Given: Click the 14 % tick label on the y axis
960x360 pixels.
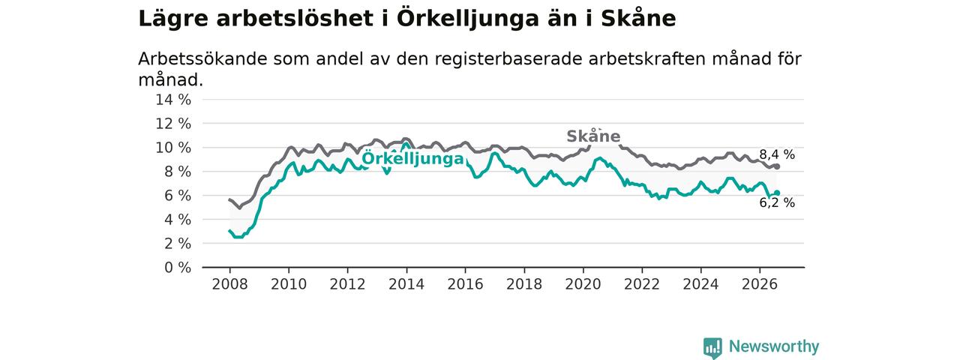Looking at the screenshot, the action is pyautogui.click(x=173, y=100).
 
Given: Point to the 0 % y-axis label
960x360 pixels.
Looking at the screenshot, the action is pyautogui.click(x=178, y=268).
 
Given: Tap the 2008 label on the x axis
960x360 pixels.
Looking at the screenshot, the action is pyautogui.click(x=229, y=284).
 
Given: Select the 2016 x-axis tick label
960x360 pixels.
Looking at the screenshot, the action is pyautogui.click(x=466, y=284).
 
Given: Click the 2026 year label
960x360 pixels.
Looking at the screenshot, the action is pyautogui.click(x=760, y=284).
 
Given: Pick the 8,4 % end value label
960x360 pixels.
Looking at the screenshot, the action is pyautogui.click(x=777, y=154).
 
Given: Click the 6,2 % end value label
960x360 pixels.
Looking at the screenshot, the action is pyautogui.click(x=777, y=202).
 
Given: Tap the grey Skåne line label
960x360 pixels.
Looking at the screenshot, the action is pyautogui.click(x=593, y=136).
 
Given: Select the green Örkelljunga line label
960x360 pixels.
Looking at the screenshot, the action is pyautogui.click(x=412, y=158).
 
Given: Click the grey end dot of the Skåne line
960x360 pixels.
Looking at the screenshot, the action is pyautogui.click(x=777, y=166).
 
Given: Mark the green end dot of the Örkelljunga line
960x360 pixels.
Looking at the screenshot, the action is pyautogui.click(x=777, y=193).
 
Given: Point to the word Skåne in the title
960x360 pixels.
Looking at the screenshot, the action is pyautogui.click(x=638, y=18).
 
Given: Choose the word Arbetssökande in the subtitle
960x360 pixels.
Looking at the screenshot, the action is pyautogui.click(x=202, y=58).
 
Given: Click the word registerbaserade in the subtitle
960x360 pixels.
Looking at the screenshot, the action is pyautogui.click(x=508, y=59).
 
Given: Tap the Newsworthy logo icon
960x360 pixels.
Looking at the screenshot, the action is pyautogui.click(x=712, y=347).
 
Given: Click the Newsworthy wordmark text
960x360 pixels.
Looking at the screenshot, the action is pyautogui.click(x=774, y=346).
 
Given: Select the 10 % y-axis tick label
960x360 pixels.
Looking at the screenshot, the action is pyautogui.click(x=173, y=148).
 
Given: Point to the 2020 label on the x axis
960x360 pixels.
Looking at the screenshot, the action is pyautogui.click(x=583, y=284).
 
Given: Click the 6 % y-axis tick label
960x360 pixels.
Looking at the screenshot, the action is pyautogui.click(x=178, y=196).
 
